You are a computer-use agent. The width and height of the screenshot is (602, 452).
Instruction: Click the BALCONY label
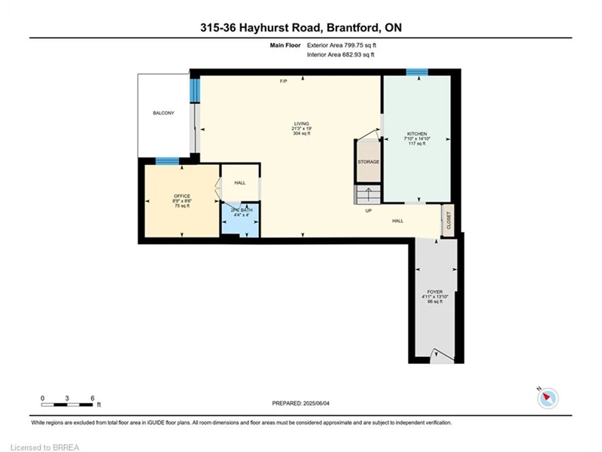[163, 113]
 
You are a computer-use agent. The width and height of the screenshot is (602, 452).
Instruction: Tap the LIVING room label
[302, 124]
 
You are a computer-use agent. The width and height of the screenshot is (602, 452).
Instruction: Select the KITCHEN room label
[417, 134]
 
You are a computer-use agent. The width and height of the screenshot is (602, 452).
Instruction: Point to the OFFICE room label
[182, 196]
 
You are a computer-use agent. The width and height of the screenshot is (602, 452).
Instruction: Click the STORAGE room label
[369, 162]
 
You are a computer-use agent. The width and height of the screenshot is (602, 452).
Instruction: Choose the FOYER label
[435, 292]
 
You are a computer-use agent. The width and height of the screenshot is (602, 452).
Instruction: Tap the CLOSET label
[448, 221]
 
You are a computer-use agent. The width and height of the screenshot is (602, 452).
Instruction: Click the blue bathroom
[241, 220]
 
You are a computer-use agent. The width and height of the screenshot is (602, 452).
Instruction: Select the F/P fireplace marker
[284, 81]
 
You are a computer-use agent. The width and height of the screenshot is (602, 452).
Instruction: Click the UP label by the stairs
[369, 211]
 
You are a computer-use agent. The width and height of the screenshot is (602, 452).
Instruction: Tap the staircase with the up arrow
[368, 195]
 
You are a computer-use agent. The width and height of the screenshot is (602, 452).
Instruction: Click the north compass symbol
[548, 398]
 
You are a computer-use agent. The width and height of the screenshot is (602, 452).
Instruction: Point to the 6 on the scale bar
[92, 399]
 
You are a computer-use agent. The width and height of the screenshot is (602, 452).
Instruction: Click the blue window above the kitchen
[418, 72]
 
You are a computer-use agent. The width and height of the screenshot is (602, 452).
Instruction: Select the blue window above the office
[167, 161]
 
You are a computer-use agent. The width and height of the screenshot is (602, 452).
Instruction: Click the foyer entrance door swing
[442, 356]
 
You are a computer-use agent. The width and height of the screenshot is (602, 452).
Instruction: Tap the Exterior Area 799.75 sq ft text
[342, 45]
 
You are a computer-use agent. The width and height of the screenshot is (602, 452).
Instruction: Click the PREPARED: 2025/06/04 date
[300, 403]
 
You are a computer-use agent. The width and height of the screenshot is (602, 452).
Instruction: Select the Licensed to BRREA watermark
[44, 447]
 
